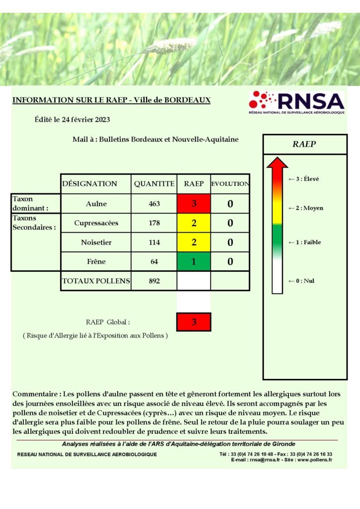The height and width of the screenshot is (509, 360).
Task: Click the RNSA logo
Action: pos(296,102)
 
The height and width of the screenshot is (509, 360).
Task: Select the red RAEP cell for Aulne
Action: pos(194,204)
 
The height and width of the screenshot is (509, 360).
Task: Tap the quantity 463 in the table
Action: pos(154,204)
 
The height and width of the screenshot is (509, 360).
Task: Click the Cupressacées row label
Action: pos(96,223)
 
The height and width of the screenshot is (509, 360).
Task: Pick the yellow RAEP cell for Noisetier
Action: pos(194,243)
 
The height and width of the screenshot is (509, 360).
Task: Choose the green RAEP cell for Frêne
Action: pos(194,261)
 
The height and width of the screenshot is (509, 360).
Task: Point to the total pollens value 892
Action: pos(154,281)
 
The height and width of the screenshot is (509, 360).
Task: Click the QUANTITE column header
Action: pos(154,183)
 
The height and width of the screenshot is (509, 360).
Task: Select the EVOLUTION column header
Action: pos(230,183)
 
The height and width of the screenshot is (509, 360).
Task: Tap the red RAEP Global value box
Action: pos(194,322)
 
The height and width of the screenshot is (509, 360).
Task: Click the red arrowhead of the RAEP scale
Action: pos(277,163)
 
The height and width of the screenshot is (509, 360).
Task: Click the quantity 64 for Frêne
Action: pos(154,261)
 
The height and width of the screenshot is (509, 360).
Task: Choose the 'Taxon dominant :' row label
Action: pos(30,204)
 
